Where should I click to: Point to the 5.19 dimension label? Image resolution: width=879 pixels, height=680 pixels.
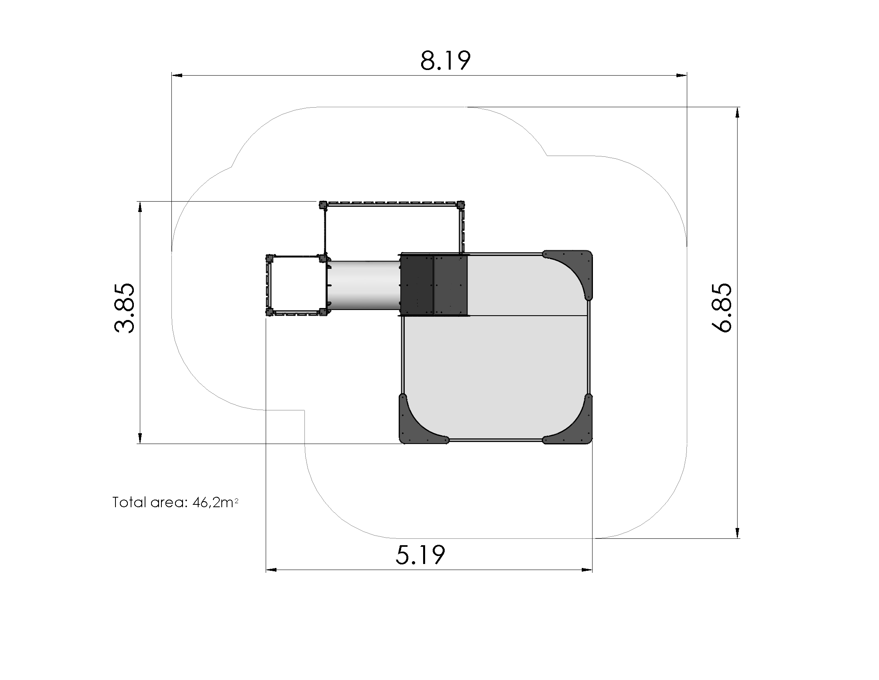[420, 555]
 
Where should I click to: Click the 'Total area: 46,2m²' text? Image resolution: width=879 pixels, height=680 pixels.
[175, 502]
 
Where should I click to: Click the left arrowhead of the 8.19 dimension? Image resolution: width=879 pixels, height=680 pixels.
[177, 75]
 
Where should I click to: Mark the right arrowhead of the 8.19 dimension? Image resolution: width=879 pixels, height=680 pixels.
[681, 75]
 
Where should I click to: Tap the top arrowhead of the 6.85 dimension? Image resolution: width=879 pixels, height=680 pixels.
[737, 112]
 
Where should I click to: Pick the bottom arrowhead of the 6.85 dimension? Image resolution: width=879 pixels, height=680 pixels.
[737, 532]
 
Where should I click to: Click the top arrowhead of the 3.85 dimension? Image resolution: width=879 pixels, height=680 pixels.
[140, 207]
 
